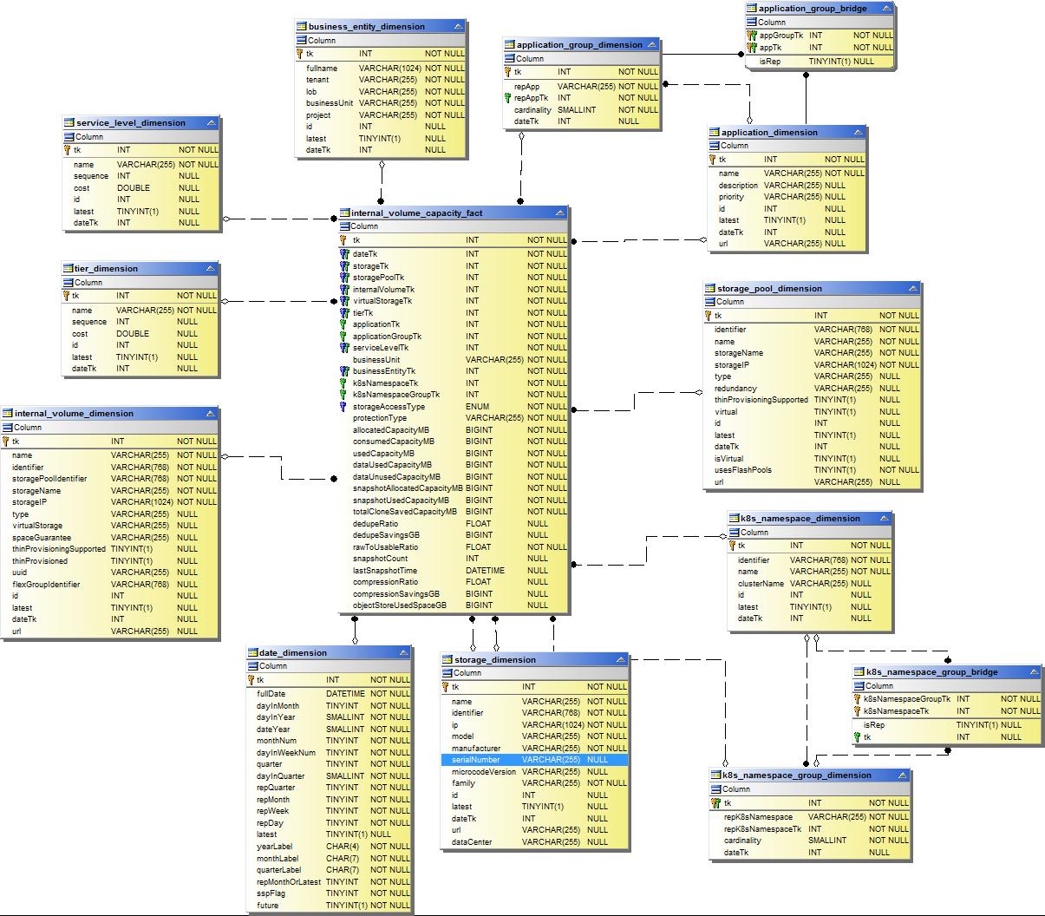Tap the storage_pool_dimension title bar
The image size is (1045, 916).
pos(769,289)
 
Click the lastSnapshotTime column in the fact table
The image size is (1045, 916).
pos(385,571)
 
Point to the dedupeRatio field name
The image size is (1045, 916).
pos(376,524)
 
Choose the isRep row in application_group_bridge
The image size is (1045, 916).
pos(770,62)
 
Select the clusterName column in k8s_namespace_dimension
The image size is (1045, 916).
pos(761,584)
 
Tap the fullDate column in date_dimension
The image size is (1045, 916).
pos(271,694)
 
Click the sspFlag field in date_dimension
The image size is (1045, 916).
pos(271,893)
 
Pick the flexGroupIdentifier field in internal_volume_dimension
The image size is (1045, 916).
pos(46,585)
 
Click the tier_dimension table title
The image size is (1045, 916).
pos(106,269)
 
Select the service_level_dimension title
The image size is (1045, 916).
pos(130,123)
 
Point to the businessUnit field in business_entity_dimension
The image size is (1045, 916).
pos(330,103)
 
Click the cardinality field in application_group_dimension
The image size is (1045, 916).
pos(532,110)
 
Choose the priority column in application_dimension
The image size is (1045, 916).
pos(731,197)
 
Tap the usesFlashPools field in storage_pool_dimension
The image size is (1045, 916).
pos(743,470)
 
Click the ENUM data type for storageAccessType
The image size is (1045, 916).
pos(478,407)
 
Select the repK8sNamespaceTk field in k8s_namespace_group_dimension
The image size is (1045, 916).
pos(762,829)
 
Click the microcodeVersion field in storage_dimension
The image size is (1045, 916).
pos(484,772)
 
